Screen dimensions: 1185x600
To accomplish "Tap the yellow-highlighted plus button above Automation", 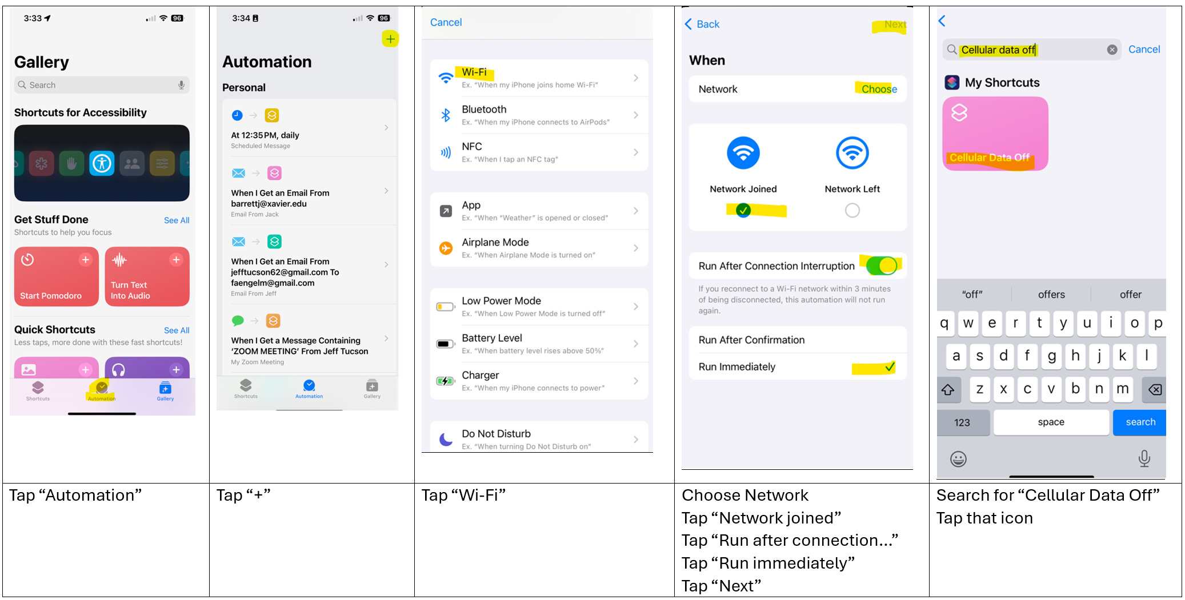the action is (390, 39).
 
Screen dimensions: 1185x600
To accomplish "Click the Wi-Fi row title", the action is (474, 73).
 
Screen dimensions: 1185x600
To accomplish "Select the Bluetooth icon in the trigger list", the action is (446, 115).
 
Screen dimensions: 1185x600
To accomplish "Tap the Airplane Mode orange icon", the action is (446, 248).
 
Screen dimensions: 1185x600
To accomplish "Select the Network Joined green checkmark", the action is (743, 211).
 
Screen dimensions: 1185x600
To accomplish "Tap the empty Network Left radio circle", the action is (852, 211).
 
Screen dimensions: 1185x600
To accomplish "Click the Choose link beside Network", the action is (879, 89).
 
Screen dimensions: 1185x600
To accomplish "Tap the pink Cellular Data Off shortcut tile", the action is (995, 134).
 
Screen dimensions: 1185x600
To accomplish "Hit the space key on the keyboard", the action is (1051, 422).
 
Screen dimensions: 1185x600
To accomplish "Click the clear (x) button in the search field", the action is (1112, 50).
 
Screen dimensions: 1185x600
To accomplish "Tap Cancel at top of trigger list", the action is (446, 22).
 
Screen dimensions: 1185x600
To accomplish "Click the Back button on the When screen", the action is (702, 24).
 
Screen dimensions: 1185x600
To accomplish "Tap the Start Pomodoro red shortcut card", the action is (57, 276).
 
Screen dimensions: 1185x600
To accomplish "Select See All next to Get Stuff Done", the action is (177, 220).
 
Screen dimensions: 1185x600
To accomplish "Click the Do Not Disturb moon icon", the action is (446, 439).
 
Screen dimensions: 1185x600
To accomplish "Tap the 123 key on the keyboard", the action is (962, 422).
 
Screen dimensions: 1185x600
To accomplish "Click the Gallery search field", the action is (102, 85).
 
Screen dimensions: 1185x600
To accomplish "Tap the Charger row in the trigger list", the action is (539, 381).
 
